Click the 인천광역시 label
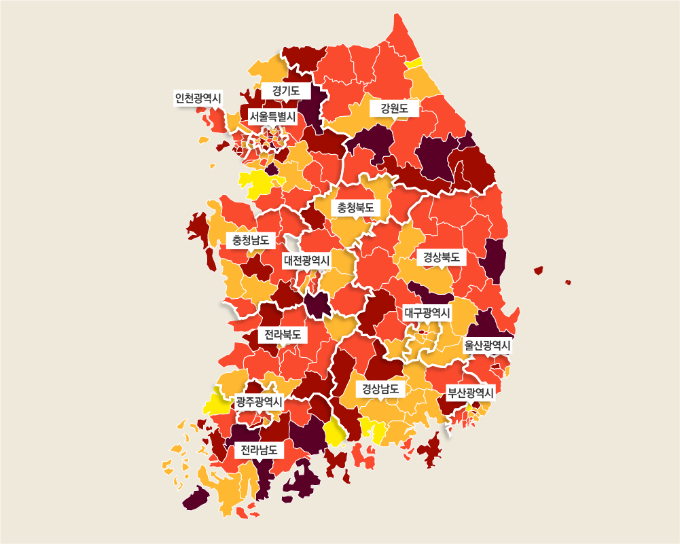(x=198, y=98)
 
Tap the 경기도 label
(x=286, y=90)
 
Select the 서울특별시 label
(x=272, y=117)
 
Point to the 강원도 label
(x=394, y=107)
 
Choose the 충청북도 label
(x=355, y=207)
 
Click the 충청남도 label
(x=250, y=240)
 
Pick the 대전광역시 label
(x=306, y=260)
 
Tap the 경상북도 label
(x=441, y=257)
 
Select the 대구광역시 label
(x=427, y=312)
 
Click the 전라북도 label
(x=282, y=335)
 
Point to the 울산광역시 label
(x=487, y=345)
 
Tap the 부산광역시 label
(x=469, y=393)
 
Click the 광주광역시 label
(x=259, y=401)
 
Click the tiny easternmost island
(x=568, y=282)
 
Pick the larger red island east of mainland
(x=539, y=270)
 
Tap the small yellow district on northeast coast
(x=414, y=63)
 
